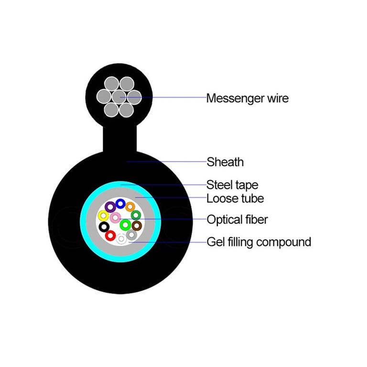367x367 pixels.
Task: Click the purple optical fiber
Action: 110,207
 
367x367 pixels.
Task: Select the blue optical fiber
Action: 120,204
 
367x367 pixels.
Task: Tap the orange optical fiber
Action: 130,207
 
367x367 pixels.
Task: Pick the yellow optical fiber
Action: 103,216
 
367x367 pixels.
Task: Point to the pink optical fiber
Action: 115,218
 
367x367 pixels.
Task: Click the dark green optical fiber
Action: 136,215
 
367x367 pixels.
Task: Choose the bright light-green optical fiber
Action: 126,225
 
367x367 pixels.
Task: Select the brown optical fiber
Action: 137,226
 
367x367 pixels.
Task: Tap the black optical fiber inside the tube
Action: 104,227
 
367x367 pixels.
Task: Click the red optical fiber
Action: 110,236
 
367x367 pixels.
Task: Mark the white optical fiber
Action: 121,239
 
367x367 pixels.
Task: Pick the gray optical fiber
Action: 131,235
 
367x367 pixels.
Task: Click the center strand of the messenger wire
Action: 119,97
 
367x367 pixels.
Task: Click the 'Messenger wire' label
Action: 248,98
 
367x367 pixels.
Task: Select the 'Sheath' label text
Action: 225,162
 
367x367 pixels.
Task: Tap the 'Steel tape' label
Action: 232,185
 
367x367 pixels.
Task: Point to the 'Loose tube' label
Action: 235,198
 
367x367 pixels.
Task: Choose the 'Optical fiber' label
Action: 237,219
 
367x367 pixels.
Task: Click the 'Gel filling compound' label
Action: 259,242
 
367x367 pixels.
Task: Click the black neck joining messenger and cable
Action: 120,139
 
